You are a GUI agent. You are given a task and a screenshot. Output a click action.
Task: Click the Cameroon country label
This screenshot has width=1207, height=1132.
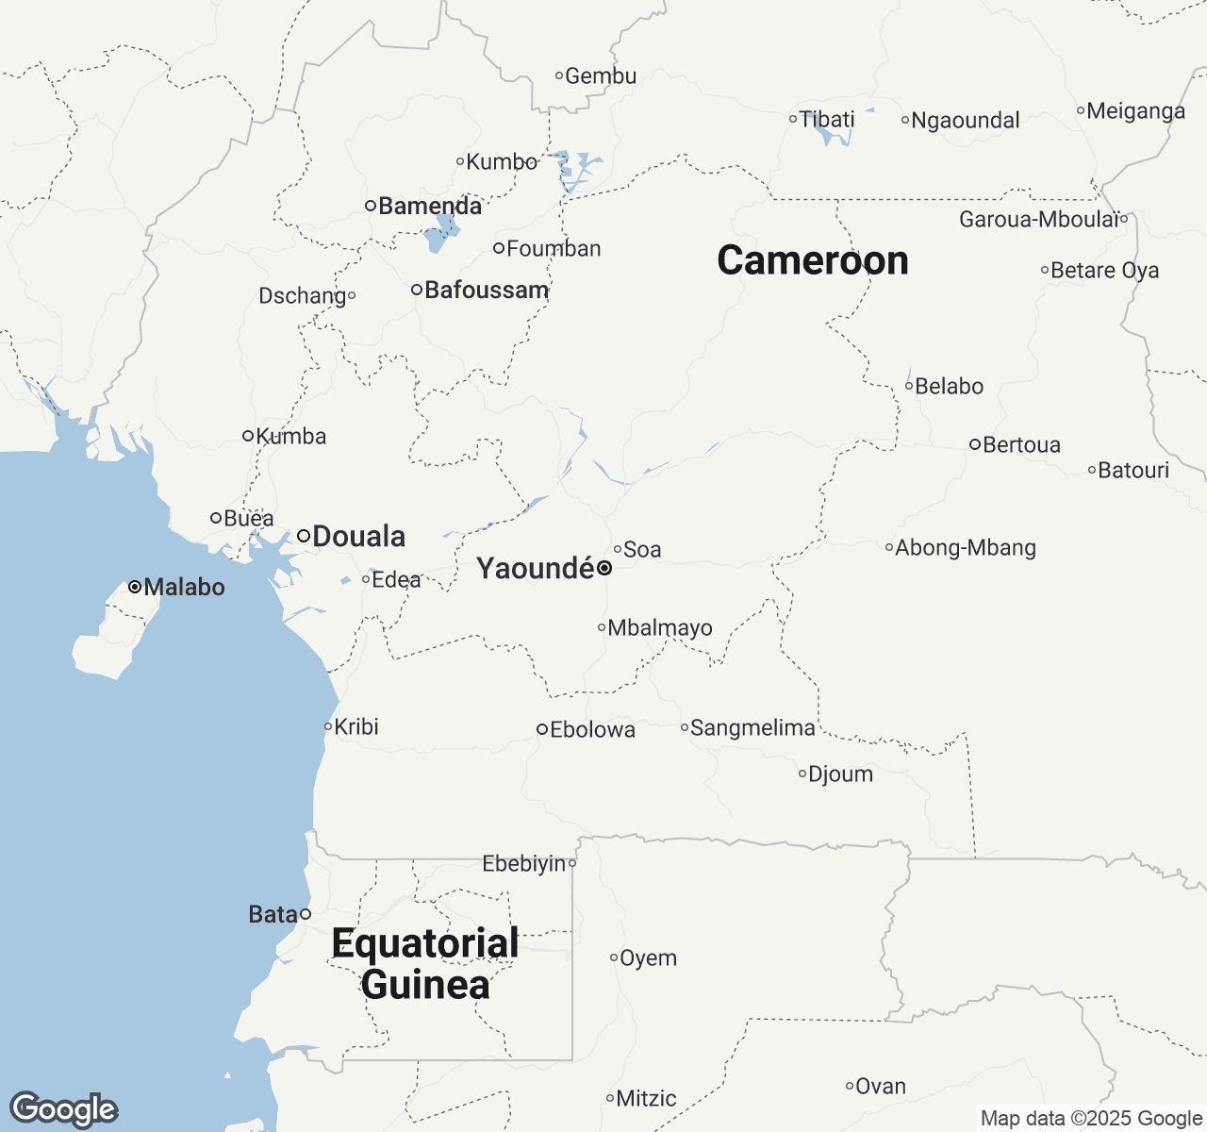coord(812,260)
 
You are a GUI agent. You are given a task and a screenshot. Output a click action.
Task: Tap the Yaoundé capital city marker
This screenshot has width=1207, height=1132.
coord(604,568)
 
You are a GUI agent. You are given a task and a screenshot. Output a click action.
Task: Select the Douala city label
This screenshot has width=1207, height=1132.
coord(358,537)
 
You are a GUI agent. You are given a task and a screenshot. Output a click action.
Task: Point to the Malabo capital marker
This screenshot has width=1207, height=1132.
coord(135,587)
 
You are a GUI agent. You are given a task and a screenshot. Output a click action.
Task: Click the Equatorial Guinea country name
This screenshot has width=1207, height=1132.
coord(425,963)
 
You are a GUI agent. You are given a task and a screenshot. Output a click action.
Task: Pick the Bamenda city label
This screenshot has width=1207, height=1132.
coord(430,206)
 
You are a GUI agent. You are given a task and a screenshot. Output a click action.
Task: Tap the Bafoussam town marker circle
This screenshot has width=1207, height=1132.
coord(416,290)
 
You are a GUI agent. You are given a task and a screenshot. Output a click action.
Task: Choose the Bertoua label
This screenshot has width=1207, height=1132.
coord(1021,444)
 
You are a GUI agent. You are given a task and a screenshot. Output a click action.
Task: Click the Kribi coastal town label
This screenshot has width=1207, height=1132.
coord(356,726)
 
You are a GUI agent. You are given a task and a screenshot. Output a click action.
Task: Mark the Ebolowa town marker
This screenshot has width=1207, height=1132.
coord(542,729)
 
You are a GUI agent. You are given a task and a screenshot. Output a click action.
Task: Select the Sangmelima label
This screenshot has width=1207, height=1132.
coord(752,727)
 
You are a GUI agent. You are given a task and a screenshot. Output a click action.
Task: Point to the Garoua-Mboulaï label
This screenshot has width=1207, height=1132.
coord(1039,220)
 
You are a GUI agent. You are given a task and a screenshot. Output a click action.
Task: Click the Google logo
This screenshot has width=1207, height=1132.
coord(64,1109)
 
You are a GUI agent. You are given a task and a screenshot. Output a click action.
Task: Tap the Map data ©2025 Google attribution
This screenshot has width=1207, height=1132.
coord(1091,1119)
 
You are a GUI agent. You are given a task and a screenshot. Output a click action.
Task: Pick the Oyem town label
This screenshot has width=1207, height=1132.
coord(648,958)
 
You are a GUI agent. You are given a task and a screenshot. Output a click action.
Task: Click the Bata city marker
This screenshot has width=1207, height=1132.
coord(306,914)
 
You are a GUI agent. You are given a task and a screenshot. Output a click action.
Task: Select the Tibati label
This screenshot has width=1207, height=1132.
coord(827,119)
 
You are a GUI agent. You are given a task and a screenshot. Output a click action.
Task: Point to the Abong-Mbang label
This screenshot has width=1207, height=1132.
coord(966,547)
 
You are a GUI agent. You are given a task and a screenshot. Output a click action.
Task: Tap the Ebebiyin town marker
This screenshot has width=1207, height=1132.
coord(572,863)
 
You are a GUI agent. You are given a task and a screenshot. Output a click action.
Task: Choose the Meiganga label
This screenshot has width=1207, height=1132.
coord(1135,111)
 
